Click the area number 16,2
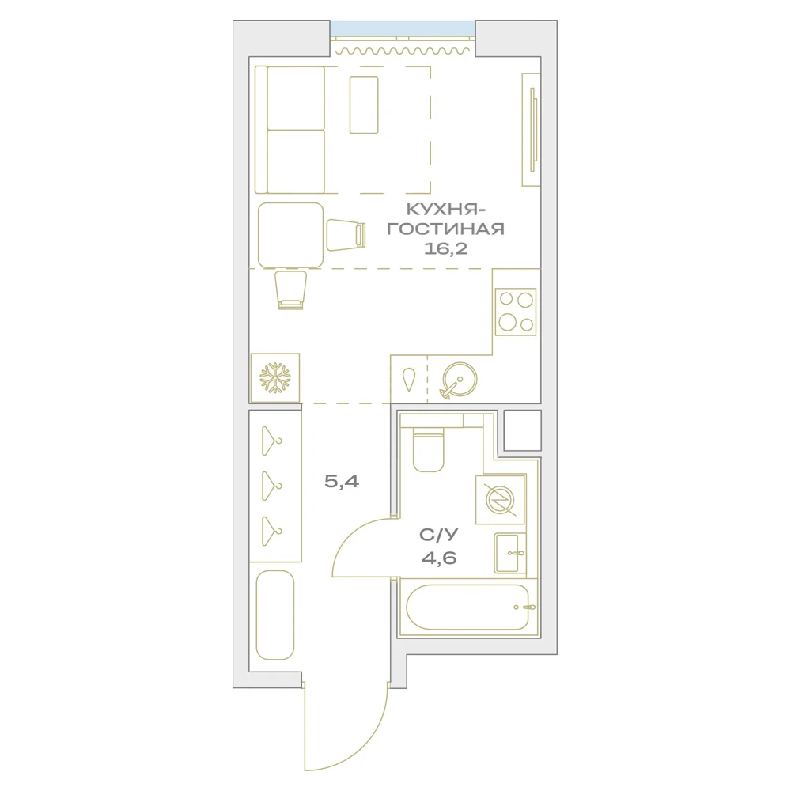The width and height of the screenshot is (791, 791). pos(446,248)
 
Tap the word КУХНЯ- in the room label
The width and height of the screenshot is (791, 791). pos(442,209)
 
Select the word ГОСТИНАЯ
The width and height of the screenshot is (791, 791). pos(446,229)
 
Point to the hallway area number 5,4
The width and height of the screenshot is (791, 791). pos(342,481)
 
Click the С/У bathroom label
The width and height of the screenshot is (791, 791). pos(439,535)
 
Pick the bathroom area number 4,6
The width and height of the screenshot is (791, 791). pos(439,558)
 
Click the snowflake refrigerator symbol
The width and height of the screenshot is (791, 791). pos(275,378)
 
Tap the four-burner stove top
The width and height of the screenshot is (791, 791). pos(516,312)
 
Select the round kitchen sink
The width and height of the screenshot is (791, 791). pos(459,380)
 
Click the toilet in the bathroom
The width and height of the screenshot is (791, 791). pos(428,449)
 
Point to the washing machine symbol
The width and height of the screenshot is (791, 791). pos(500,499)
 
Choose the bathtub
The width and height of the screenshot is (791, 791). pos(467,607)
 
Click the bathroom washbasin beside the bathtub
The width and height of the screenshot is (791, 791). pos(510,553)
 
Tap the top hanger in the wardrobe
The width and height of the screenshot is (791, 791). pos(271,441)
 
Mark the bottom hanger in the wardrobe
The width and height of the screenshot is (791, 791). pos(271,532)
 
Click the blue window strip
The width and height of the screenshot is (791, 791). pos(403,28)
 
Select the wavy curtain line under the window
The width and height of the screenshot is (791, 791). pos(403,51)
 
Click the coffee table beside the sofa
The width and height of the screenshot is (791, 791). pos(364,105)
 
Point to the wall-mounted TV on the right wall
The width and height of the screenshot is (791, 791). pos(532,130)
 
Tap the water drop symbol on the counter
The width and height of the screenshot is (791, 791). pos(408,380)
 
